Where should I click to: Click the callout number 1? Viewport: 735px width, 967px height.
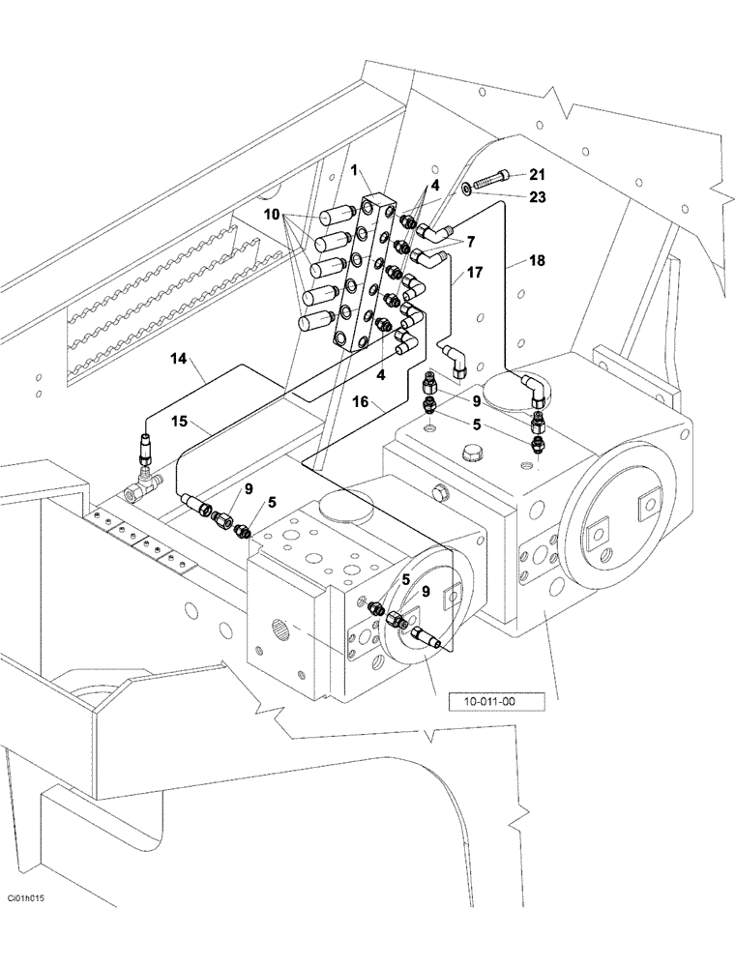pos(354,170)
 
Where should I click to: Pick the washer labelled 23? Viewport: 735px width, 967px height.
pos(467,189)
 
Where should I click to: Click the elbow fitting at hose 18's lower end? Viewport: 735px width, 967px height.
pos(535,392)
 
